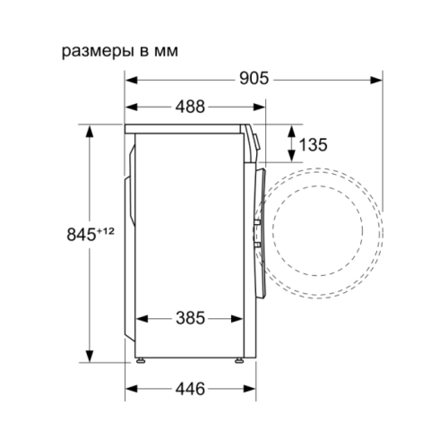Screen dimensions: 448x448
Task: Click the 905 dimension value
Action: tap(254, 79)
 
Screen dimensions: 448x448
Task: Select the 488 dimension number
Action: tap(190, 107)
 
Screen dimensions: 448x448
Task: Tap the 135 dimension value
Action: tap(313, 145)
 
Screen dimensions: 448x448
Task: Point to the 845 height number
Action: tap(81, 235)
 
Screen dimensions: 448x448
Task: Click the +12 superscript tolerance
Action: tap(106, 231)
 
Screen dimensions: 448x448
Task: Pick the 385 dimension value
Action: tap(190, 318)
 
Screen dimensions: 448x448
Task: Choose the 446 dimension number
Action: tap(190, 389)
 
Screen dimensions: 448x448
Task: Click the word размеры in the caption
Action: tap(97, 52)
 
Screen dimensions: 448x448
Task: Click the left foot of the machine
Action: tap(141, 360)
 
